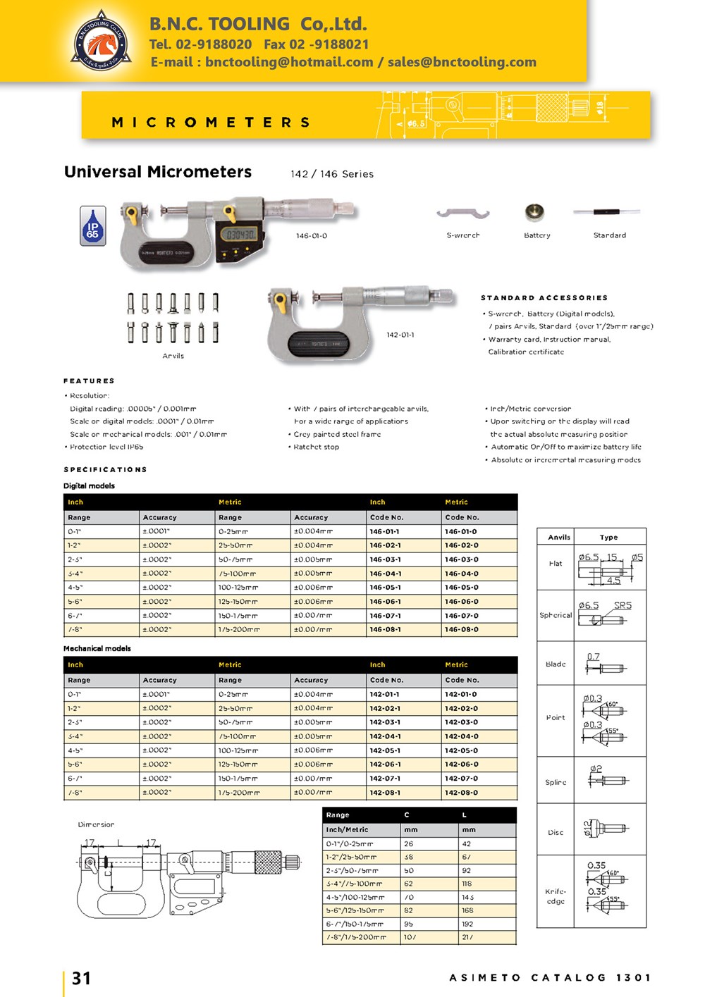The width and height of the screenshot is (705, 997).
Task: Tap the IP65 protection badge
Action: click(x=93, y=226)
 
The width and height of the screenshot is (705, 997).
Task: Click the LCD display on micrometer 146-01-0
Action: click(x=240, y=235)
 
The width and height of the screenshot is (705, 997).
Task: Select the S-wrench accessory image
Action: click(x=462, y=213)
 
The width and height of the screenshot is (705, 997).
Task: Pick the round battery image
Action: click(x=534, y=212)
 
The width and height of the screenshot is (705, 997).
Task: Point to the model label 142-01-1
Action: click(x=400, y=335)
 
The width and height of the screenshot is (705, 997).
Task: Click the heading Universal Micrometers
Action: click(x=158, y=172)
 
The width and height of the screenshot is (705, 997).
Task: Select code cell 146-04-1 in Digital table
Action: click(x=385, y=574)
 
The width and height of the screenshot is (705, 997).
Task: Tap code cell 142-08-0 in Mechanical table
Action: click(x=462, y=793)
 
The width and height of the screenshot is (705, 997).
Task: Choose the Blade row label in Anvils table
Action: click(x=556, y=664)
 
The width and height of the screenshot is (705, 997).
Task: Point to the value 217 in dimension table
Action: click(x=468, y=938)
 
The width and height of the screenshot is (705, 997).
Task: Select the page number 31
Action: click(x=82, y=978)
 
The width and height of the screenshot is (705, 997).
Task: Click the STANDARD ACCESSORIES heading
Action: click(x=544, y=298)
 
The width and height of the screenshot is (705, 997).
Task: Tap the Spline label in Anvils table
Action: click(x=556, y=783)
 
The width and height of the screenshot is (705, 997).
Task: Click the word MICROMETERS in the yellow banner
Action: click(x=211, y=123)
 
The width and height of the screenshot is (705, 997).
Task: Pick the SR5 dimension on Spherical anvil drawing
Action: click(x=623, y=605)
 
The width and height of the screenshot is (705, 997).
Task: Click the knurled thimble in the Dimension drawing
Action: click(x=268, y=862)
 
